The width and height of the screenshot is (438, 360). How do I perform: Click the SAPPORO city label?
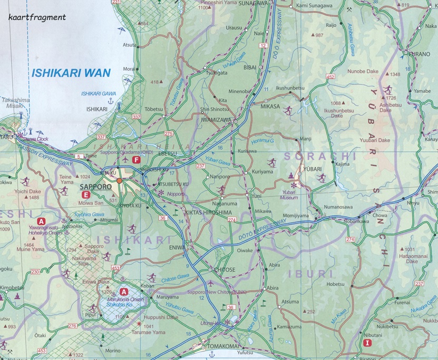(x=94, y=187)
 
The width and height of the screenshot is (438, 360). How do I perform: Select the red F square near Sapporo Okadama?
(x=137, y=160)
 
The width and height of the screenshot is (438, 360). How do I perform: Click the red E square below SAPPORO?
(x=85, y=195)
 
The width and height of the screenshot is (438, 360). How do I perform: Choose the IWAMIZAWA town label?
(x=216, y=120)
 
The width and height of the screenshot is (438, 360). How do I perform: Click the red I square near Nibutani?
(x=367, y=343)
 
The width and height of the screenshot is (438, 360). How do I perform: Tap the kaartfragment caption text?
(x=37, y=17)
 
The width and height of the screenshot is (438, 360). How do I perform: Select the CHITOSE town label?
(x=225, y=269)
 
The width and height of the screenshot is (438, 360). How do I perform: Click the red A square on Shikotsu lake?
(x=124, y=291)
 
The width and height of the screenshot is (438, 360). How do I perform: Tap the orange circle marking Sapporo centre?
(x=120, y=181)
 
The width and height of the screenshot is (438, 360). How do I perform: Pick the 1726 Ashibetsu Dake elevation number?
(x=390, y=98)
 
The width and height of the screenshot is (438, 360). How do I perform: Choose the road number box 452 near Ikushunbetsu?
(x=330, y=77)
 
